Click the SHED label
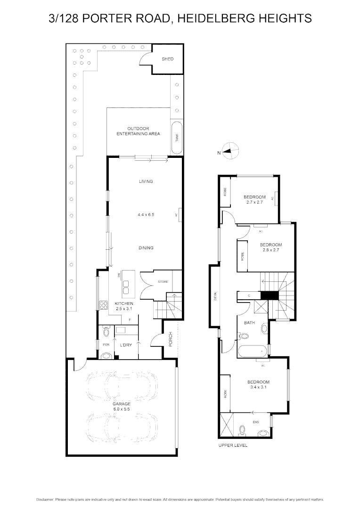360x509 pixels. [x=167, y=59]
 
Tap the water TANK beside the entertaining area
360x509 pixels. [x=177, y=138]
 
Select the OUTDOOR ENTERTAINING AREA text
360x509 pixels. [x=138, y=131]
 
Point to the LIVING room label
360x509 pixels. [x=146, y=181]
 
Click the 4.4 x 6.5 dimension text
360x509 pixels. [x=146, y=214]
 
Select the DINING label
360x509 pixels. [x=146, y=248]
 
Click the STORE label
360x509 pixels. [x=163, y=282]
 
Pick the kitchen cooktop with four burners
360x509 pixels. [x=103, y=305]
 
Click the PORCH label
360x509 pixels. [x=171, y=339]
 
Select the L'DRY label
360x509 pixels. [x=125, y=345]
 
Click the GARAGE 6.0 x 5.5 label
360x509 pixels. [x=121, y=407]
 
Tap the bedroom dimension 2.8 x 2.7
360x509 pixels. [x=270, y=250]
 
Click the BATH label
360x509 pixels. [x=249, y=323]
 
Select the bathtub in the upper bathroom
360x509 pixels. [x=252, y=351]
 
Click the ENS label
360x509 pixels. [x=256, y=422]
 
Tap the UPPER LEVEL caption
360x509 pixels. [x=233, y=445]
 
